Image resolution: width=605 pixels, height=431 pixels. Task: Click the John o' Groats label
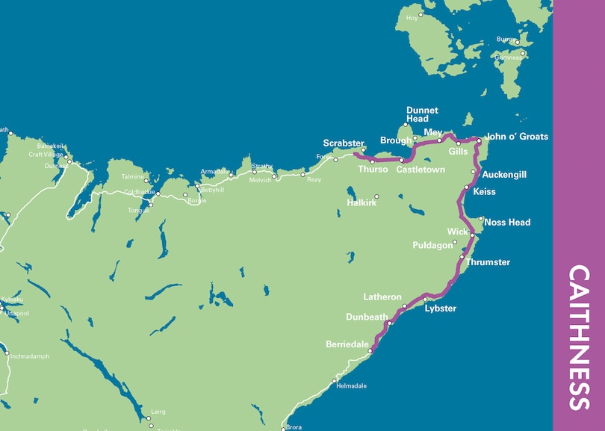(x=516, y=137)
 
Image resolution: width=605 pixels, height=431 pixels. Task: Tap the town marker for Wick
(x=472, y=235)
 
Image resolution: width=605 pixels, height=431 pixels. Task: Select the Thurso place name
(x=373, y=170)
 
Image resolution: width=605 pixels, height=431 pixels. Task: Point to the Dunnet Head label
(x=418, y=114)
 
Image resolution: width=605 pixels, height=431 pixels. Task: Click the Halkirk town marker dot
(x=376, y=196)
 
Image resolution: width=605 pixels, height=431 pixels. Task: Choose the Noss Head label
(x=507, y=223)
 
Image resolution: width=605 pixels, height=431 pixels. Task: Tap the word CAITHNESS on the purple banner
(x=579, y=338)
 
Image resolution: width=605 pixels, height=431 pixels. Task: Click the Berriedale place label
(x=347, y=344)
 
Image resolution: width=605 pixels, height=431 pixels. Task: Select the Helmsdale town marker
(x=334, y=381)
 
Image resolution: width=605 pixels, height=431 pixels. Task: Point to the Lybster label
(x=440, y=308)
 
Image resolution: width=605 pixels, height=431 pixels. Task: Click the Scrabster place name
(x=344, y=143)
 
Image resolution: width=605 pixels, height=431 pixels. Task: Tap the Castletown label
(x=421, y=170)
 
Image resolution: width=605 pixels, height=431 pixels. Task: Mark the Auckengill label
(x=504, y=175)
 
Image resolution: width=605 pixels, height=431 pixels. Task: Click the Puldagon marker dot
(x=455, y=242)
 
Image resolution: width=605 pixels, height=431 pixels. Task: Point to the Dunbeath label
(x=367, y=317)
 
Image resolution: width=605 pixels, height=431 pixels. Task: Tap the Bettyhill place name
(x=211, y=190)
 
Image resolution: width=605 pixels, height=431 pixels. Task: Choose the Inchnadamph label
(x=29, y=356)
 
